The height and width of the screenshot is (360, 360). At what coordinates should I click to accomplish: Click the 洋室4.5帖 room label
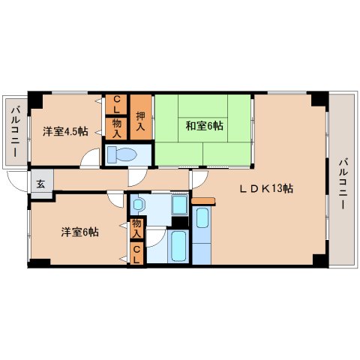click(64, 131)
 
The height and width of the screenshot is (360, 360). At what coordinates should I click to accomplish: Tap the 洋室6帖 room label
click(79, 232)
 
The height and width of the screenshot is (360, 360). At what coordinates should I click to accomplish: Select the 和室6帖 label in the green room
click(204, 125)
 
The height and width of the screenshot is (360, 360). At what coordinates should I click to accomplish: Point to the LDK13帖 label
click(265, 188)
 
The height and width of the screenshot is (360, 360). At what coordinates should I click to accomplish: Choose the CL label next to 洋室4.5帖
click(117, 103)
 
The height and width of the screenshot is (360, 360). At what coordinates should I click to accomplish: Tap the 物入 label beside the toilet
click(117, 127)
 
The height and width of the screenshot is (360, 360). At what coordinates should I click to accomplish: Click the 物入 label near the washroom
click(136, 227)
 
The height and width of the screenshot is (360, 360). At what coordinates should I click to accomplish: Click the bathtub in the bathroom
click(178, 246)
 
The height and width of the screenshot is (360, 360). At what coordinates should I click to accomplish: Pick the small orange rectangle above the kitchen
click(202, 201)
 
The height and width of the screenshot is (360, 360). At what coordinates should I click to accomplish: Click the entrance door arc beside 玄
click(18, 179)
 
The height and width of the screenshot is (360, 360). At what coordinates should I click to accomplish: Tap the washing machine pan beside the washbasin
click(179, 205)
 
